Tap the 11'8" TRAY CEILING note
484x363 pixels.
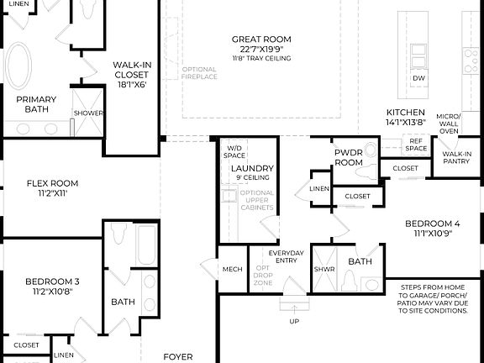pyautogui.click(x=261, y=57)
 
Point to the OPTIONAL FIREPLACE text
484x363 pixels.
pyautogui.click(x=199, y=72)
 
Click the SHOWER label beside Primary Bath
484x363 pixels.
pyautogui.click(x=87, y=113)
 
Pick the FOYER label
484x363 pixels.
pyautogui.click(x=177, y=356)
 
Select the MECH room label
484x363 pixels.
pyautogui.click(x=232, y=270)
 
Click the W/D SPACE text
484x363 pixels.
pyautogui.click(x=234, y=152)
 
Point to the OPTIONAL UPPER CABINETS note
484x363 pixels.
pyautogui.click(x=257, y=204)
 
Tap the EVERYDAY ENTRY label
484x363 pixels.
pyautogui.click(x=286, y=257)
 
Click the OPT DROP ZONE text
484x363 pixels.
pyautogui.click(x=262, y=274)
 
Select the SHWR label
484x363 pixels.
pyautogui.click(x=324, y=270)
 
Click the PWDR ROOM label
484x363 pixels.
pyautogui.click(x=348, y=157)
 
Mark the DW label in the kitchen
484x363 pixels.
pyautogui.click(x=418, y=79)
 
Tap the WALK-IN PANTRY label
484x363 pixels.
pyautogui.click(x=457, y=157)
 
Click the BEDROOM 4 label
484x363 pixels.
pyautogui.click(x=433, y=228)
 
